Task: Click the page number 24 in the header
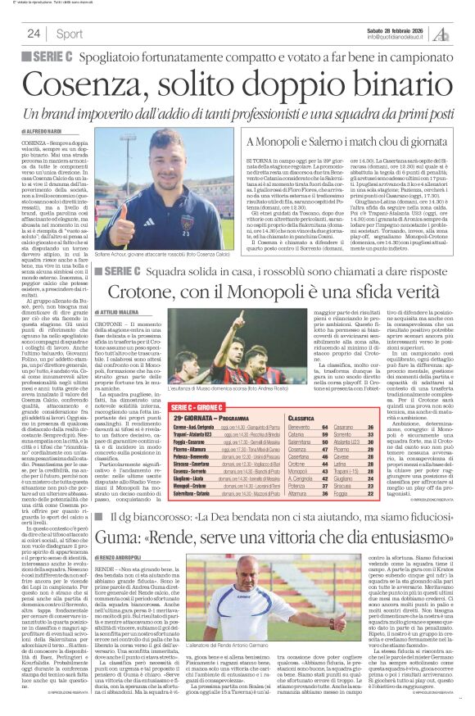(34, 34)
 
